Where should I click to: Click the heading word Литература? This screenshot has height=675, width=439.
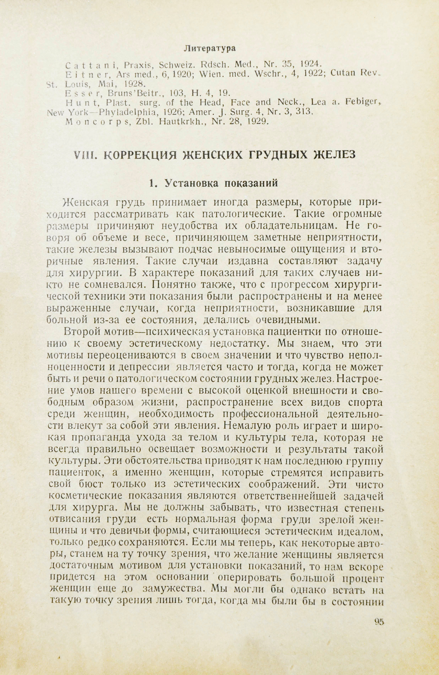tap(210, 49)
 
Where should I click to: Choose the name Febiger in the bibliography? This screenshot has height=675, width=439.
tap(364, 102)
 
